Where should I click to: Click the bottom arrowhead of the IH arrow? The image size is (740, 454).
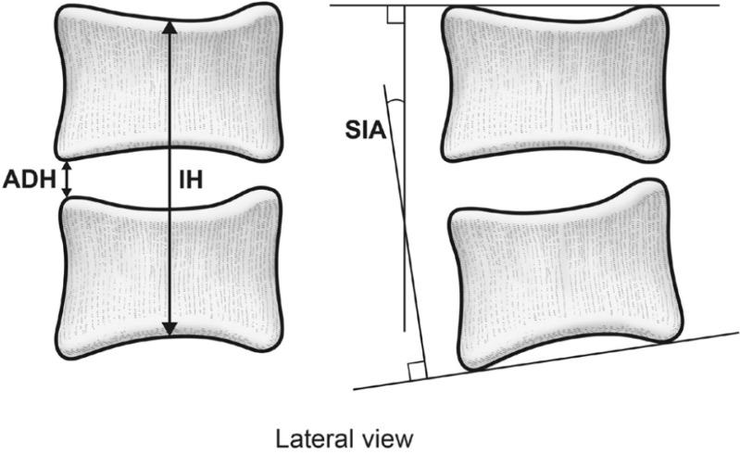tap(168, 330)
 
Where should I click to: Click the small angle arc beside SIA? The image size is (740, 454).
tap(396, 99)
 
